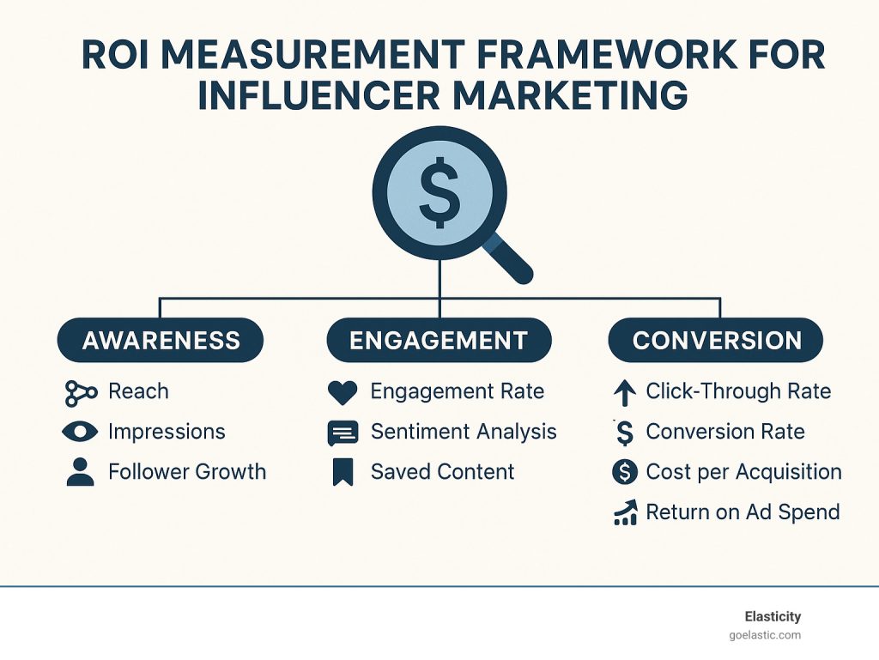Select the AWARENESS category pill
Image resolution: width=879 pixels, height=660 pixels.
[x=161, y=341]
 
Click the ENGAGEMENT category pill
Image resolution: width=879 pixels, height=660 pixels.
[x=439, y=341]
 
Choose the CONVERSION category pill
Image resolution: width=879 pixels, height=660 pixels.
[x=717, y=341]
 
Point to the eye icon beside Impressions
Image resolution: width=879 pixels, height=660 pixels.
[x=81, y=432]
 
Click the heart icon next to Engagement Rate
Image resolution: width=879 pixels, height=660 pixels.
[x=343, y=392]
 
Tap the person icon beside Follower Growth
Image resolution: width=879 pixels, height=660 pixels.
[x=81, y=472]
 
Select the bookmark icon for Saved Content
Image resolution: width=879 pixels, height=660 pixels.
[x=343, y=472]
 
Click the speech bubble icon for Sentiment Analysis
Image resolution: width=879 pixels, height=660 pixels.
[x=343, y=433]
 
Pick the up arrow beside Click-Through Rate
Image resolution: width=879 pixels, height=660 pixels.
[x=624, y=393]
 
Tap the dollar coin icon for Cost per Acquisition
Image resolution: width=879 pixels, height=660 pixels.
[x=624, y=472]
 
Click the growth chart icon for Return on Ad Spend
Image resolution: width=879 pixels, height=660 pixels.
[x=624, y=513]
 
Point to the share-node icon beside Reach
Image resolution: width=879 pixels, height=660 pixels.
[x=81, y=392]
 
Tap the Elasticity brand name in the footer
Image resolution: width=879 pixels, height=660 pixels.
[x=773, y=616]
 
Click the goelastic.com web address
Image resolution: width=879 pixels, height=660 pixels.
[x=763, y=635]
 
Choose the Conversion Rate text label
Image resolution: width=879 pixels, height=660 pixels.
[x=725, y=432]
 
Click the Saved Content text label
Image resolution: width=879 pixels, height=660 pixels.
[x=442, y=472]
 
